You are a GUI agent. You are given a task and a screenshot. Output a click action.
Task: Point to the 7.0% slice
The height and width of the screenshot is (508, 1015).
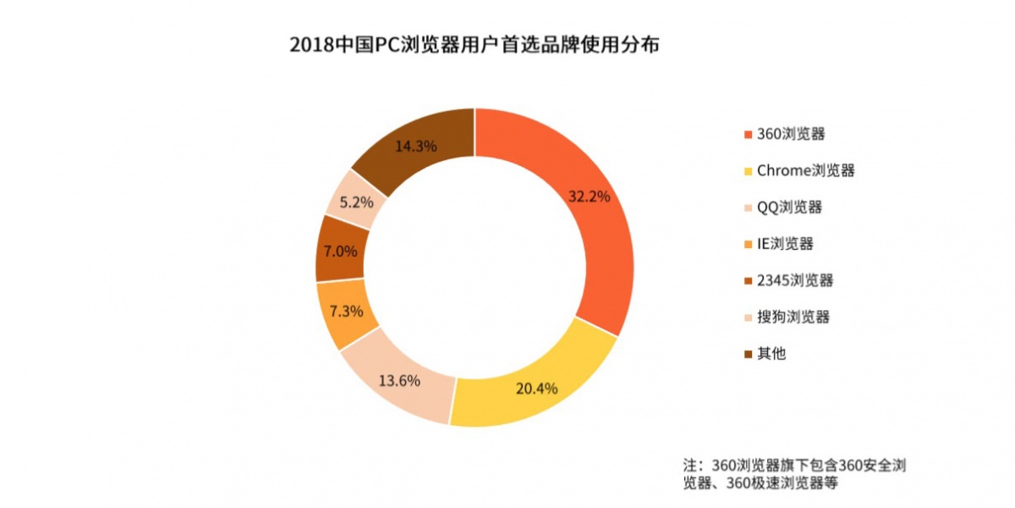tap(340, 251)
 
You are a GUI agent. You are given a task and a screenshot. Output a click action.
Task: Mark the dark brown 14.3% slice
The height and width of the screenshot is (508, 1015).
tap(416, 146)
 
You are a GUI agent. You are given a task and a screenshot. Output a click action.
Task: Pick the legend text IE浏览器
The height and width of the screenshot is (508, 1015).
tap(785, 244)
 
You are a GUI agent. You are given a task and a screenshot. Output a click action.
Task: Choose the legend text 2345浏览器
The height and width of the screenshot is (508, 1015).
tap(795, 280)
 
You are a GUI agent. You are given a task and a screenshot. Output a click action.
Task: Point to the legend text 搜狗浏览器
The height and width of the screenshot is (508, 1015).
tap(793, 317)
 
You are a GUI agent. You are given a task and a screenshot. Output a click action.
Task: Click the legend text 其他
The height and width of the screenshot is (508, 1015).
tap(771, 354)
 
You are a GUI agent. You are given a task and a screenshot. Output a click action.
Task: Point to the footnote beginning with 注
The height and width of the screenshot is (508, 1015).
tap(794, 474)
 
